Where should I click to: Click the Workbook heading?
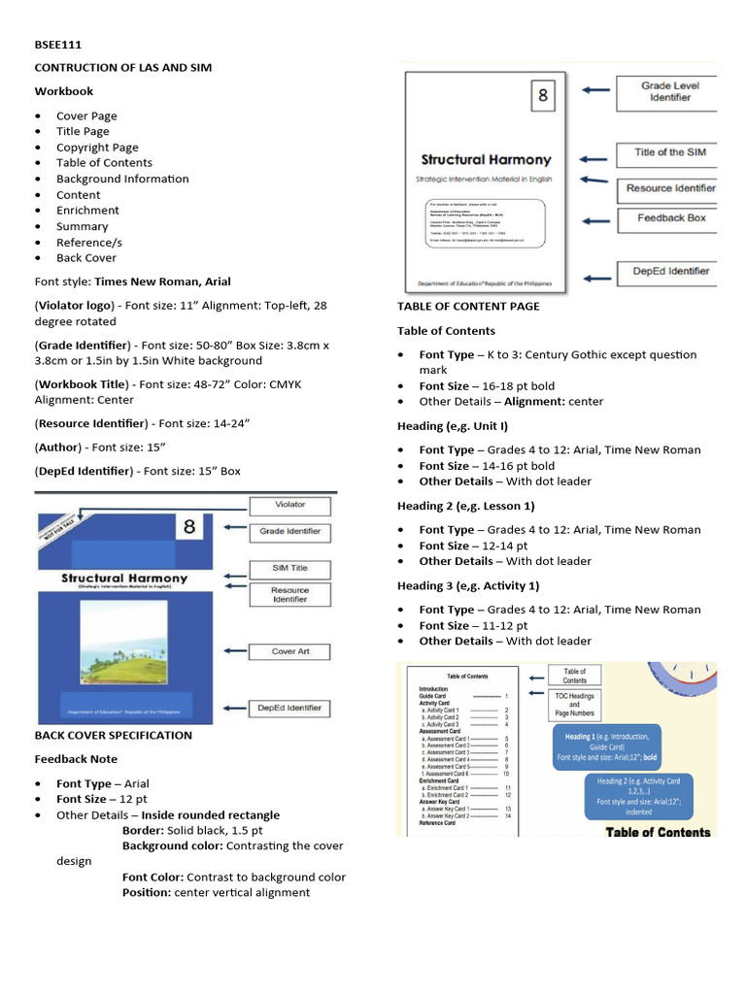[64, 91]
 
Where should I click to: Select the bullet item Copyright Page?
[97, 148]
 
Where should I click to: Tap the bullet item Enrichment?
[87, 211]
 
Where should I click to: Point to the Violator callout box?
[289, 505]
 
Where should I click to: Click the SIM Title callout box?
[289, 568]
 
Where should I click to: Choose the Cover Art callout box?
[289, 651]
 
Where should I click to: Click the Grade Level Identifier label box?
[670, 91]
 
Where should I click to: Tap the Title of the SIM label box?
[670, 152]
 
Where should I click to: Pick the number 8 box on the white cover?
[543, 96]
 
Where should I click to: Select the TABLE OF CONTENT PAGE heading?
[468, 307]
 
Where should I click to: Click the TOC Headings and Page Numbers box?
[574, 706]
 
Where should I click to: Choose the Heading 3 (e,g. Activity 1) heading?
[466, 586]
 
